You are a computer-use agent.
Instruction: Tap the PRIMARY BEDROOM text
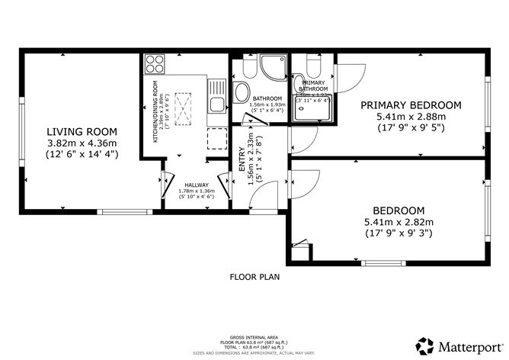[411, 104]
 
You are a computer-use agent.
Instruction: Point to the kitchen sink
[216, 108]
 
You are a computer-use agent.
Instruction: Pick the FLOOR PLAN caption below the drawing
[254, 277]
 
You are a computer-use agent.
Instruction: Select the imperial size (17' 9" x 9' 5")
[411, 129]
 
